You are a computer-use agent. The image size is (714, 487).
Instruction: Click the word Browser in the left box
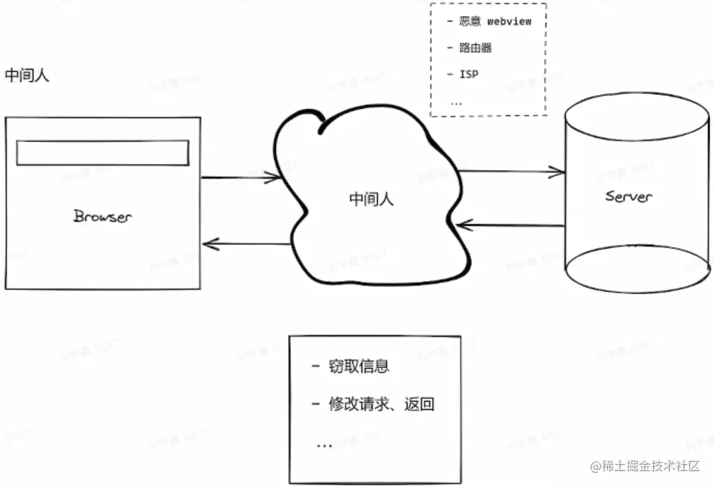[102, 216]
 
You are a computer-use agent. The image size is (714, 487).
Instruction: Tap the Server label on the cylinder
[628, 197]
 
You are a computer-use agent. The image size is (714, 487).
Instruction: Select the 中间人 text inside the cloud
[371, 199]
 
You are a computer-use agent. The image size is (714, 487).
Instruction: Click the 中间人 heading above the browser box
[27, 75]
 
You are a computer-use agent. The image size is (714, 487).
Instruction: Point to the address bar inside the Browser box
[102, 153]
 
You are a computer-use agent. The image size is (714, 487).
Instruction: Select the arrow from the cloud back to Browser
[247, 243]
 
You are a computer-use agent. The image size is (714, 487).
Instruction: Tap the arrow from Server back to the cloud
[511, 224]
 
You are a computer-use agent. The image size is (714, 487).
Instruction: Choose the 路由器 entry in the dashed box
[475, 48]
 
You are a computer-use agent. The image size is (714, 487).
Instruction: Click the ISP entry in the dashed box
[468, 74]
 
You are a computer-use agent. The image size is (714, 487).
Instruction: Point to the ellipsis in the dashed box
[456, 103]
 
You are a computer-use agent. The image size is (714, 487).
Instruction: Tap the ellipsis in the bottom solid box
[324, 445]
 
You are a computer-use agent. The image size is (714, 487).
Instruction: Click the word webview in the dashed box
[509, 21]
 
